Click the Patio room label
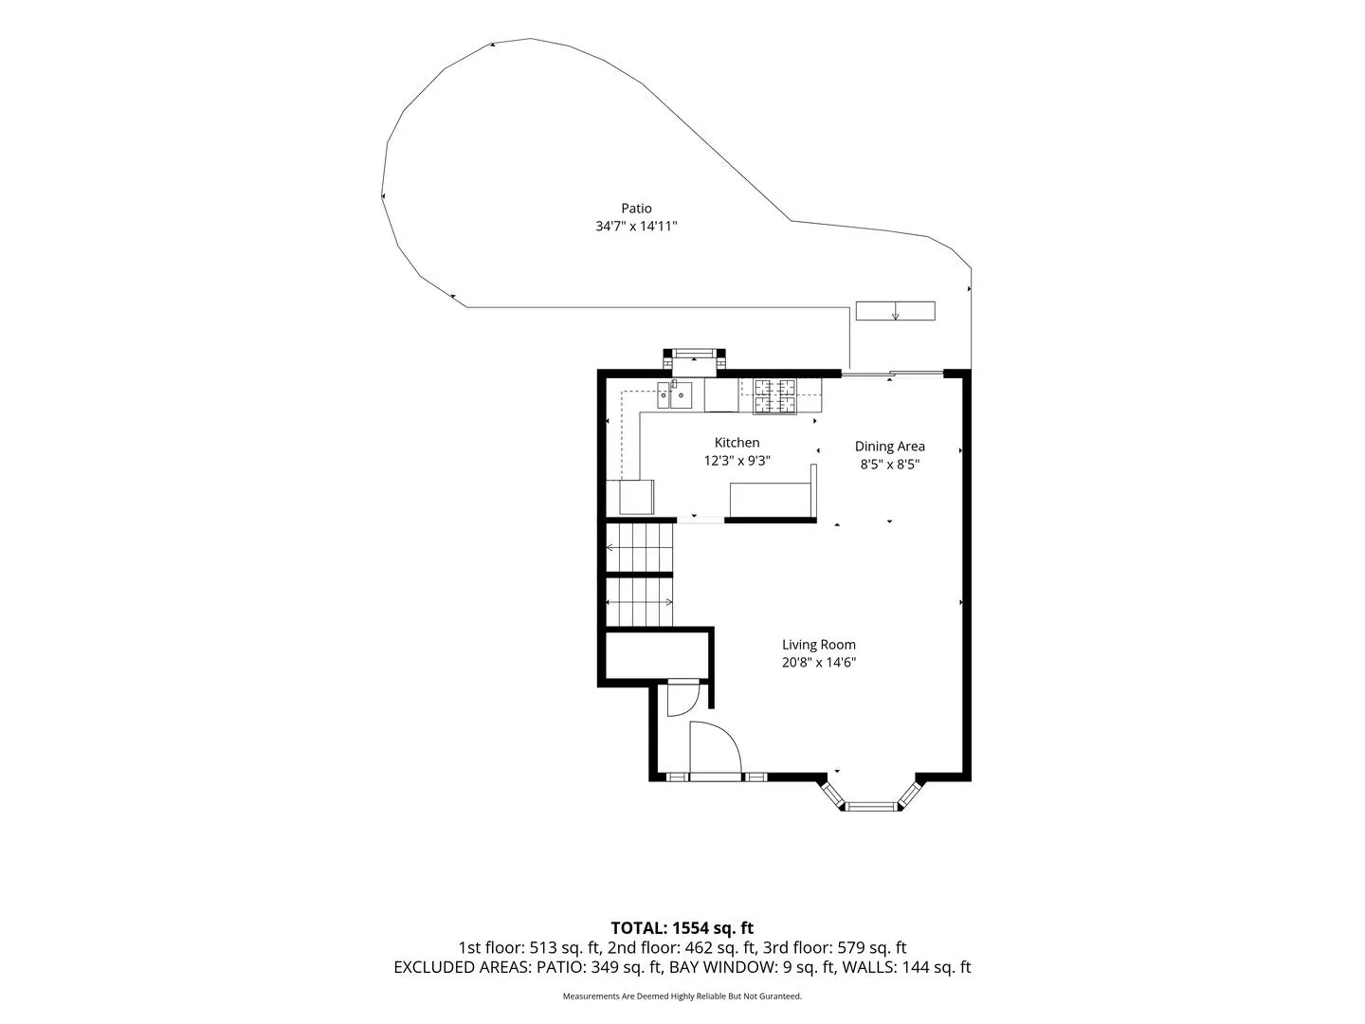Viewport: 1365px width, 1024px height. pos(636,209)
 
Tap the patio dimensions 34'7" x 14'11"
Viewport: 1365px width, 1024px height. pos(636,227)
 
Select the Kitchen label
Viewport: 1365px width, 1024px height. pos(737,443)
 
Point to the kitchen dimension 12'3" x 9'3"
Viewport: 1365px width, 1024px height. pos(737,461)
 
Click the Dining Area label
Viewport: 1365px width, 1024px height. pos(890,447)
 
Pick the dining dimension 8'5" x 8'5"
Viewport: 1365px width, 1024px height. pos(890,465)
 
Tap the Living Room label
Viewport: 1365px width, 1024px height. pos(819,645)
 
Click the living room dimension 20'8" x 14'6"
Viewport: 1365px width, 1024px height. pos(819,663)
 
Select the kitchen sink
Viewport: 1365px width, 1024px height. pos(675,394)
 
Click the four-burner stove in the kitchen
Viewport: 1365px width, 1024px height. pos(774,396)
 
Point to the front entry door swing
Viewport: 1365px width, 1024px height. pos(715,750)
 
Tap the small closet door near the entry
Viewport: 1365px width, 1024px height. pos(683,700)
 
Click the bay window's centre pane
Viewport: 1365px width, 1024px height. pos(871,807)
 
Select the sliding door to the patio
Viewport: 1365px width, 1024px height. pos(892,373)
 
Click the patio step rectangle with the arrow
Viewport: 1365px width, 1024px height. pos(896,311)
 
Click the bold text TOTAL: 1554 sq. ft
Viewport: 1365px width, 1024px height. pos(682,927)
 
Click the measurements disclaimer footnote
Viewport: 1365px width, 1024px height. pos(682,996)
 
